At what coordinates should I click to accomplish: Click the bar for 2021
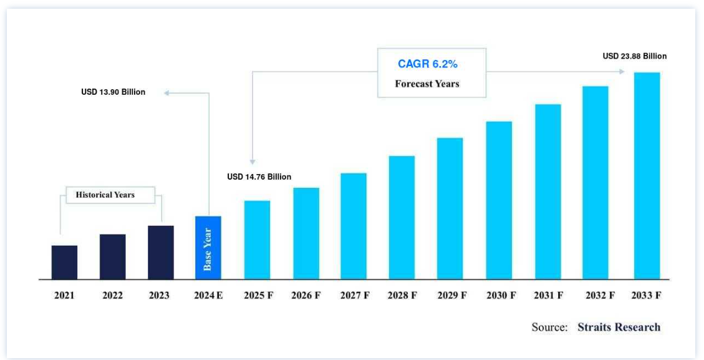point(64,262)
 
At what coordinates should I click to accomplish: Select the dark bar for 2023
point(160,252)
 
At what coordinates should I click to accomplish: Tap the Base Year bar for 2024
point(208,248)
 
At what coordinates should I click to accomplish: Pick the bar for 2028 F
point(402,217)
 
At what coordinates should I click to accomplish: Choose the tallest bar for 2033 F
point(647,175)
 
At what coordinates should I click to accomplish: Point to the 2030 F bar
point(499,200)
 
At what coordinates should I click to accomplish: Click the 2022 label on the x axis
point(113,296)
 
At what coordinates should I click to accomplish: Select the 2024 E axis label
point(208,296)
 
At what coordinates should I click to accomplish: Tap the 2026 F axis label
point(306,296)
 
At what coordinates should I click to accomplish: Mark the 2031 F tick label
point(549,296)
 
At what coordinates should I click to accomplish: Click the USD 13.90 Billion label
point(113,92)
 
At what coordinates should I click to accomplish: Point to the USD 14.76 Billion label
point(259,177)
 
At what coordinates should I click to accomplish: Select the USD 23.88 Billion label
point(634,56)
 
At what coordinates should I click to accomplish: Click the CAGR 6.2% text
point(432,64)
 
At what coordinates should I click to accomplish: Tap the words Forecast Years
point(427,84)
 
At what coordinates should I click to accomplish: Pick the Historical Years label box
point(105,195)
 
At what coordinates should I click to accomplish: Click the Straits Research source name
point(619,327)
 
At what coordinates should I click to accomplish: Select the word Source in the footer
point(549,327)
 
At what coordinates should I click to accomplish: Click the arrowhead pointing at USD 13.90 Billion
point(166,93)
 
